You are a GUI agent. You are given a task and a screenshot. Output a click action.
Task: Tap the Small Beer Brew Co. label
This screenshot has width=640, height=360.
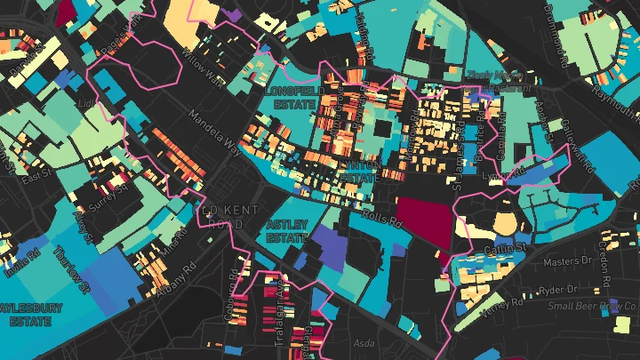coord(591,307)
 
